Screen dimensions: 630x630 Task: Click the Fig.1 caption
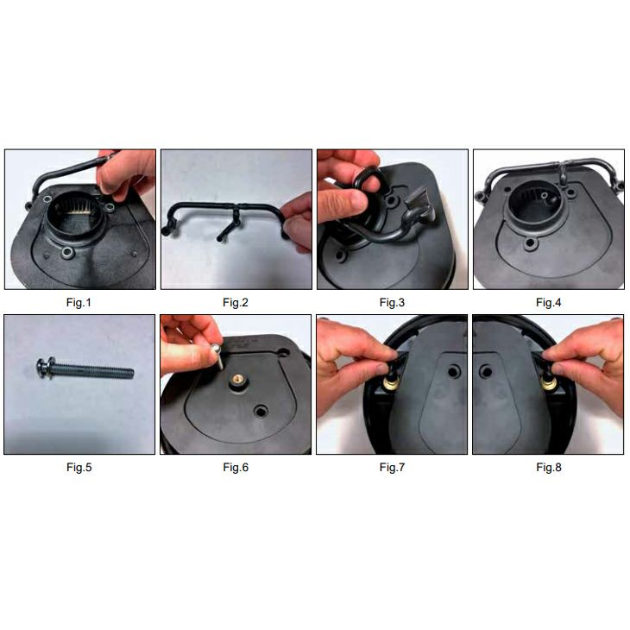pyautogui.click(x=79, y=303)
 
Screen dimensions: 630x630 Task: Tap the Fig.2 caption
pyautogui.click(x=236, y=303)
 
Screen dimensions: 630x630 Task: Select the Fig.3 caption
pyautogui.click(x=392, y=303)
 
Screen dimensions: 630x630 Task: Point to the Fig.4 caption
pyautogui.click(x=548, y=303)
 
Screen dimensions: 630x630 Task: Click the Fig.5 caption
pyautogui.click(x=79, y=467)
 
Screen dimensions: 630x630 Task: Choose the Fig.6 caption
pyautogui.click(x=236, y=467)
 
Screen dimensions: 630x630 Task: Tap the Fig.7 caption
pyautogui.click(x=392, y=467)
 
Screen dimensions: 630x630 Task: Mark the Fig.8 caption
pyautogui.click(x=549, y=467)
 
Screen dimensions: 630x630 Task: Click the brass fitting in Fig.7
pyautogui.click(x=391, y=382)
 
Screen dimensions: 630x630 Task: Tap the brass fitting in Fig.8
pyautogui.click(x=548, y=382)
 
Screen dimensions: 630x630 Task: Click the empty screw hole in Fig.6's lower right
pyautogui.click(x=261, y=411)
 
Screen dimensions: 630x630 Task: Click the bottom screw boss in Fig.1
pyautogui.click(x=67, y=253)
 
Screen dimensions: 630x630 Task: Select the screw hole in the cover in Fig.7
pyautogui.click(x=454, y=371)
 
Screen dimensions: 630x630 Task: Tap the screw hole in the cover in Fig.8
pyautogui.click(x=486, y=371)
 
